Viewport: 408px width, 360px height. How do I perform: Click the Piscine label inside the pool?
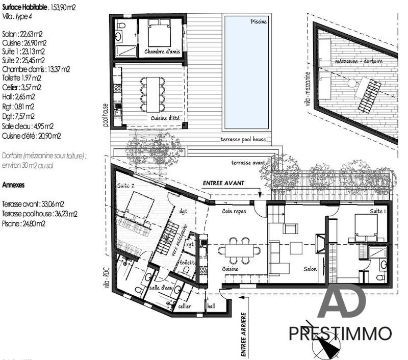(x=259, y=21)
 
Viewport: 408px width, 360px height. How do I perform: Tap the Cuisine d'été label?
(x=167, y=118)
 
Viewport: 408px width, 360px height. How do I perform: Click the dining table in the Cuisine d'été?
(x=153, y=94)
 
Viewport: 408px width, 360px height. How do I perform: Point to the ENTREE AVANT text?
(x=223, y=183)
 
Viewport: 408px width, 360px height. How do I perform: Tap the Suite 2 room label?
(x=125, y=186)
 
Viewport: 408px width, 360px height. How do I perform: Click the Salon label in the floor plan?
(x=310, y=269)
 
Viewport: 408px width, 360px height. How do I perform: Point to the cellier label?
(x=184, y=306)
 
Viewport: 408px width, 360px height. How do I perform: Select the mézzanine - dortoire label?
(x=359, y=61)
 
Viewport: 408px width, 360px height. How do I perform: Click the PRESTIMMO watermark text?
(x=340, y=335)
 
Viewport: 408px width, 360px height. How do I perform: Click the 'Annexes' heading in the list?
(x=14, y=185)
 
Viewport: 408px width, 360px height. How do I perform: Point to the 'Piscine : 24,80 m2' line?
(x=24, y=223)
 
